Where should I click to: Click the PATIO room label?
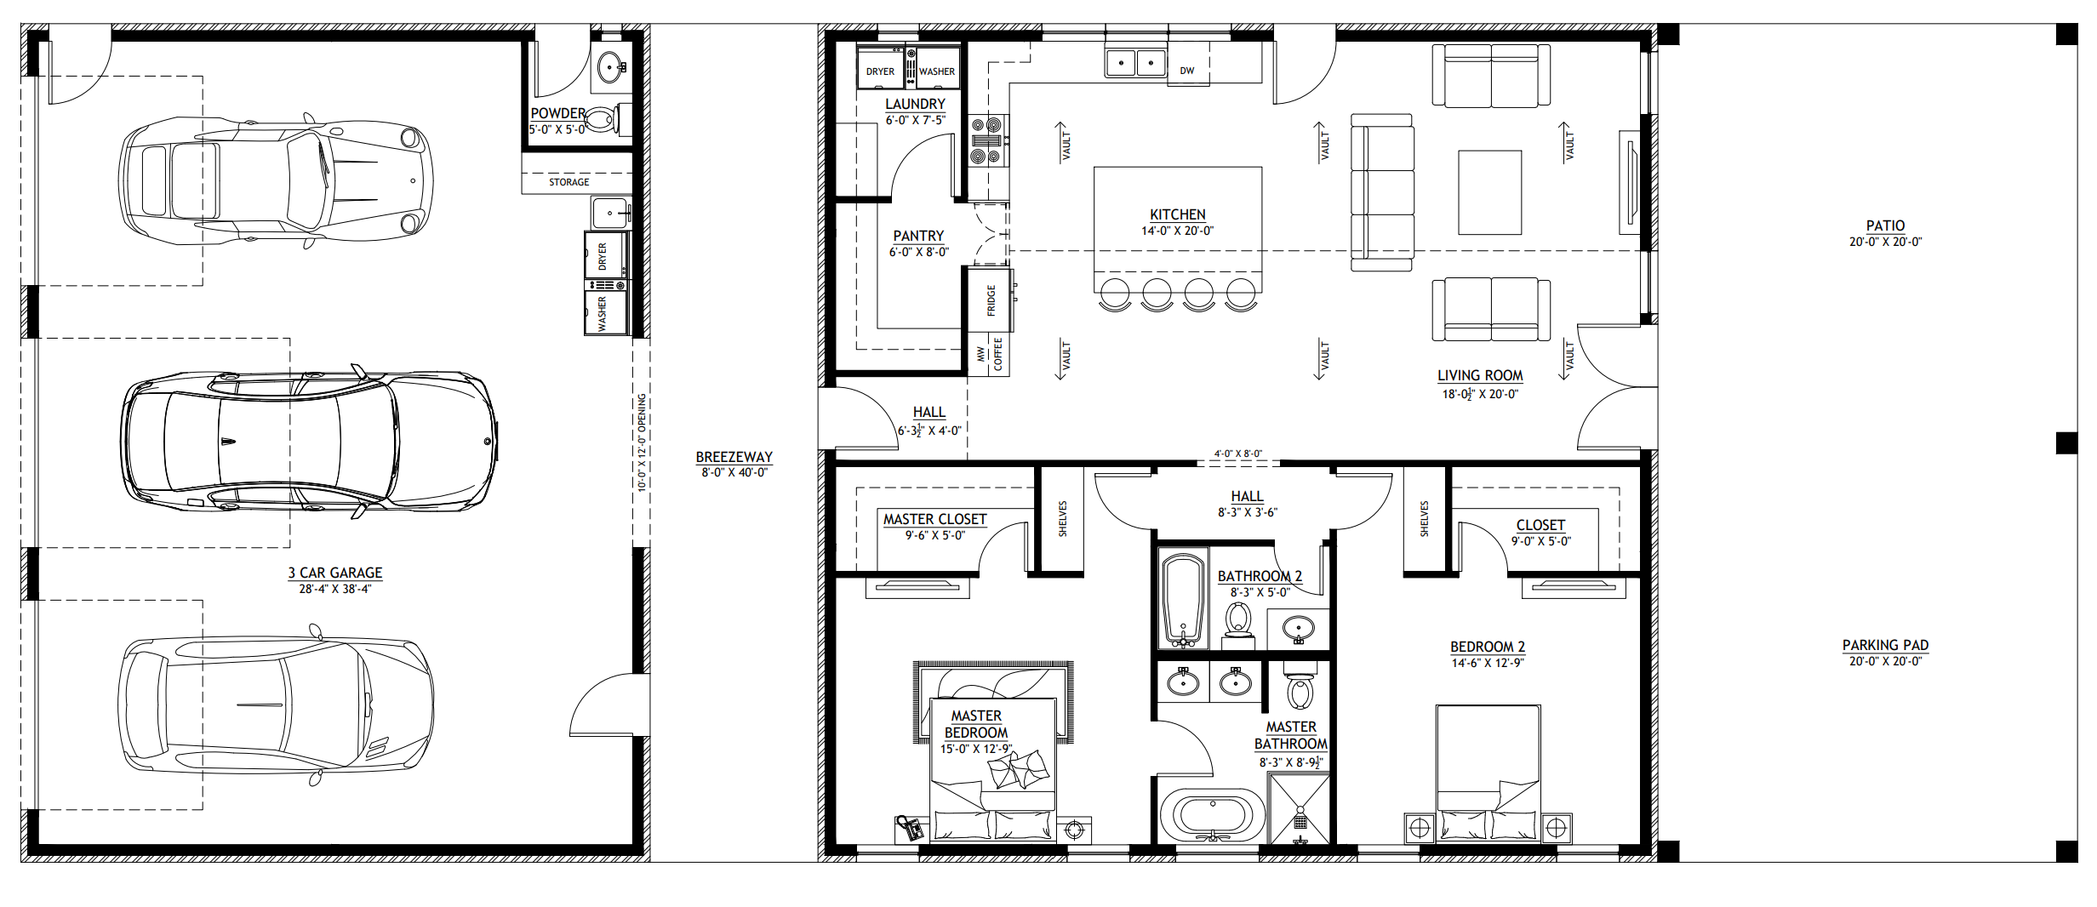pyautogui.click(x=1885, y=225)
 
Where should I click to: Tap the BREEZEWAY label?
pyautogui.click(x=734, y=457)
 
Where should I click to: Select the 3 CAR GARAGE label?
pyautogui.click(x=335, y=573)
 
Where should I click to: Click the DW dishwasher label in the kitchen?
pyautogui.click(x=1187, y=71)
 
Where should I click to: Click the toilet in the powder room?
pyautogui.click(x=604, y=119)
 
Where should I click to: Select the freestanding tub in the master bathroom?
pyautogui.click(x=1213, y=814)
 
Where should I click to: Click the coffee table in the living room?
pyautogui.click(x=1489, y=192)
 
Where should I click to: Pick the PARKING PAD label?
pyautogui.click(x=1885, y=645)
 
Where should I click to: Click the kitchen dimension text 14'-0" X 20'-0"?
pyautogui.click(x=1177, y=231)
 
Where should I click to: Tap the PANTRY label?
pyautogui.click(x=918, y=236)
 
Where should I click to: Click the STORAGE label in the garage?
pyautogui.click(x=569, y=182)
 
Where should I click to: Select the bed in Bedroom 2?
pyautogui.click(x=1488, y=773)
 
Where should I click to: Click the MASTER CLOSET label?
pyautogui.click(x=934, y=519)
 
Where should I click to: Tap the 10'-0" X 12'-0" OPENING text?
pyautogui.click(x=643, y=442)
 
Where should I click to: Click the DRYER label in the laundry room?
pyautogui.click(x=880, y=71)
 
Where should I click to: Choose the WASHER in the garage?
pyautogui.click(x=605, y=313)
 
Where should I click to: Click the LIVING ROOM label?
pyautogui.click(x=1480, y=375)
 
